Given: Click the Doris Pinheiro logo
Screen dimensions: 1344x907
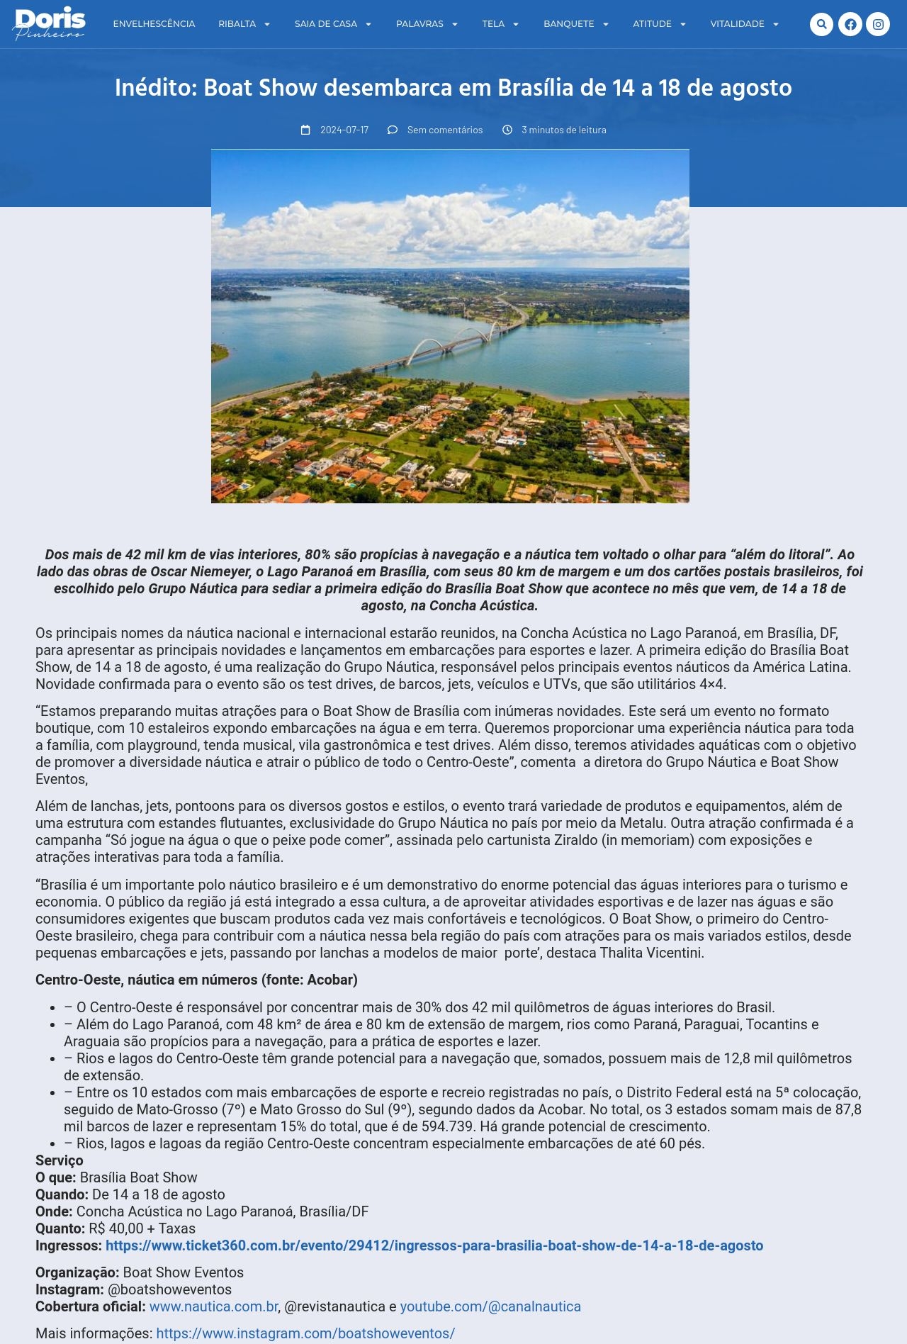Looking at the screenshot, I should pos(50,24).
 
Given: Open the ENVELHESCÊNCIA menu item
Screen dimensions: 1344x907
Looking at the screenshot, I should pos(154,24).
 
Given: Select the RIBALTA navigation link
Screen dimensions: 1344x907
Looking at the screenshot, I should pos(237,24).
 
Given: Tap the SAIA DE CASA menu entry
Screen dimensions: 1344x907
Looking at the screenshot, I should pos(326,24).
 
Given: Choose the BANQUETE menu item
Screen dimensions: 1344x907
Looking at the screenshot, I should pos(569,24).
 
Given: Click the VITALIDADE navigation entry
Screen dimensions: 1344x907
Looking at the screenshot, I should pos(738,24).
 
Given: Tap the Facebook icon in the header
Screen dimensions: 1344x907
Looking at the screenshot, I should pos(850,24).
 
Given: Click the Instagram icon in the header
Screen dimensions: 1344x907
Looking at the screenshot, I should pos(878,24).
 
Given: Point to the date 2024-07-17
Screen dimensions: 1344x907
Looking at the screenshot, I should pos(344,130).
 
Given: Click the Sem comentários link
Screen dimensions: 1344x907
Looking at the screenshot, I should pos(444,130).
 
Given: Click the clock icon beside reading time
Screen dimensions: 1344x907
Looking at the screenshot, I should pos(507,130).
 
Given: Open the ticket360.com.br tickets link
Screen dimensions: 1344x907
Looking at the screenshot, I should pos(434,1245).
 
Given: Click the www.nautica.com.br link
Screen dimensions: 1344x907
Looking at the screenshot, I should pos(213,1306).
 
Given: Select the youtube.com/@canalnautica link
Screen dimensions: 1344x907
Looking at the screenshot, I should pos(490,1306).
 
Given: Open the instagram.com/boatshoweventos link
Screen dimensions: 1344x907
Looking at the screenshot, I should pos(305,1333).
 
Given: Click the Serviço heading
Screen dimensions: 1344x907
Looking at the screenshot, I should pos(60,1160).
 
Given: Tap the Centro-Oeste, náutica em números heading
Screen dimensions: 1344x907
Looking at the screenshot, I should pos(196,980).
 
